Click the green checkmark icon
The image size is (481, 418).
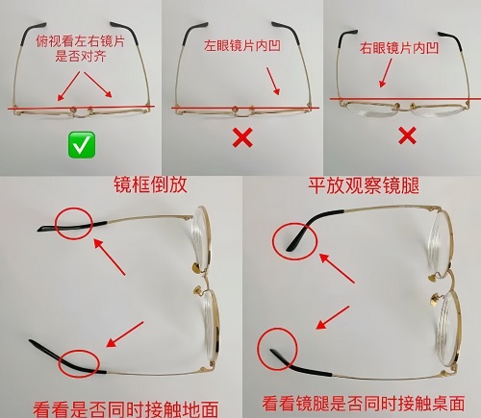(x=82, y=145)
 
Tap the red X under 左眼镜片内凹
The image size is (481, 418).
(x=242, y=137)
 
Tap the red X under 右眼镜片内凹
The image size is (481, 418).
(x=407, y=135)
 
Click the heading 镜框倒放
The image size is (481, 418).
(x=150, y=185)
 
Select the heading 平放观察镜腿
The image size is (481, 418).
(x=364, y=185)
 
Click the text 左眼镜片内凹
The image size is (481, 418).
(x=242, y=46)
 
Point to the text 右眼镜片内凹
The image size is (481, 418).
(x=399, y=48)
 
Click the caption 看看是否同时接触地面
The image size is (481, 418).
(x=126, y=409)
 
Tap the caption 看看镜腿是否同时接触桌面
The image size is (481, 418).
(x=364, y=404)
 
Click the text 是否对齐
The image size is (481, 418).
(x=81, y=57)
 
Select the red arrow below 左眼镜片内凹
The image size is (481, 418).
(x=273, y=81)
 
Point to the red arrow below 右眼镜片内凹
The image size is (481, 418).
(x=386, y=73)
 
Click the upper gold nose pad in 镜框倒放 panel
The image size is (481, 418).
(x=196, y=268)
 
